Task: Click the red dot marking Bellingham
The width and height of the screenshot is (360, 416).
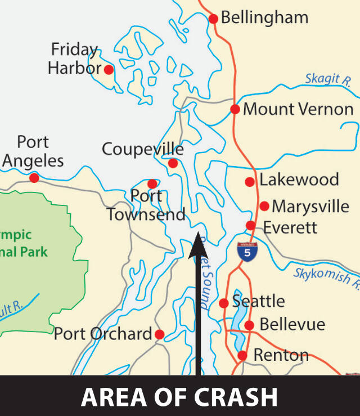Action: (213, 19)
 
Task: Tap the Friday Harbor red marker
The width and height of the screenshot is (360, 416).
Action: (109, 70)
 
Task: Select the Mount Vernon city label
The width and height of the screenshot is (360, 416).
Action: (298, 109)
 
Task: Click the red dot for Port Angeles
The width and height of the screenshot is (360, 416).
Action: (34, 178)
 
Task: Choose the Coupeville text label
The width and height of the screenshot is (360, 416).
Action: (142, 149)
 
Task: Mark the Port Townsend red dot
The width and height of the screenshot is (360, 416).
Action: (152, 184)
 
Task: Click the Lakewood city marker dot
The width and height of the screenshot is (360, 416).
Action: (249, 181)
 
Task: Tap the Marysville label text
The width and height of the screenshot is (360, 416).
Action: (310, 206)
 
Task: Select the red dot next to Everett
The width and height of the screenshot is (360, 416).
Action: (250, 226)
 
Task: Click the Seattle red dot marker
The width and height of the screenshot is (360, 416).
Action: (223, 303)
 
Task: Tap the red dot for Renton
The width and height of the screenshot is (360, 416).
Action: (242, 355)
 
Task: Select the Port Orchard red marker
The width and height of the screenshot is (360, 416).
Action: (159, 334)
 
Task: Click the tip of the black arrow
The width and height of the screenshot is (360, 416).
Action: (198, 237)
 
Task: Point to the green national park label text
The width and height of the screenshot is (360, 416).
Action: (22, 243)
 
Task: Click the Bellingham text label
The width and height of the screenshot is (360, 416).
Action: (264, 17)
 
